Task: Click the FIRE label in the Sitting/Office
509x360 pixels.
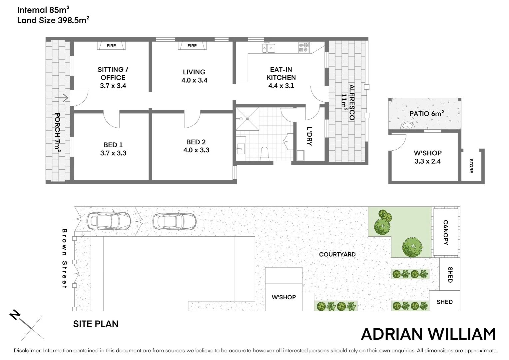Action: [x=111, y=46]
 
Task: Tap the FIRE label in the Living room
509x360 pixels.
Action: [x=192, y=46]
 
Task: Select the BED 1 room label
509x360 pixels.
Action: [x=113, y=149]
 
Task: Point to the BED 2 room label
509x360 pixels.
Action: [x=196, y=146]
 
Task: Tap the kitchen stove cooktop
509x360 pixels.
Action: [x=303, y=48]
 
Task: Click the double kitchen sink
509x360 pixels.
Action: [x=268, y=48]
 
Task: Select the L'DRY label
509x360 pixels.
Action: [x=309, y=136]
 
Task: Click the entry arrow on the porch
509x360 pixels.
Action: [x=62, y=98]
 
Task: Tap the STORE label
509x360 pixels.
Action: [x=471, y=166]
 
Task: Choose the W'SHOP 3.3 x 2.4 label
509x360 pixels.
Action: [x=428, y=157]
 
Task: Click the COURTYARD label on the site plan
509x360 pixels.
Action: [x=337, y=254]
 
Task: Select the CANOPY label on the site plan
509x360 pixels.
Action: [x=445, y=232]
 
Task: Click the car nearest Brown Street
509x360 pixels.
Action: [x=109, y=221]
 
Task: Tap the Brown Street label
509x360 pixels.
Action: [x=65, y=258]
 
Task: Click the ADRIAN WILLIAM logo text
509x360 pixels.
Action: [x=428, y=334]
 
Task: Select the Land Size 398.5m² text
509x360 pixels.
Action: [x=53, y=20]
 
